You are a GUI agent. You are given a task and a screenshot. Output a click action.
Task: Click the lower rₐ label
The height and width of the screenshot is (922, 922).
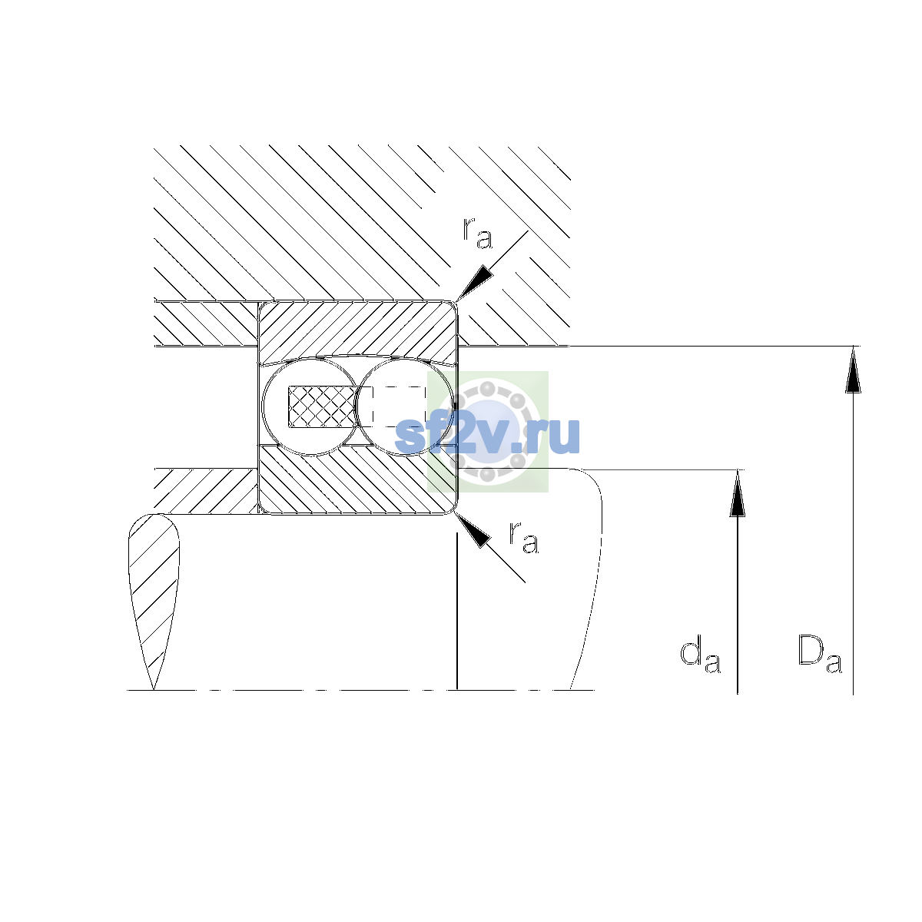point(524,537)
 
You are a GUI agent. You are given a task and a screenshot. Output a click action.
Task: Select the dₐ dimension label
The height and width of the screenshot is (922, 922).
point(700,654)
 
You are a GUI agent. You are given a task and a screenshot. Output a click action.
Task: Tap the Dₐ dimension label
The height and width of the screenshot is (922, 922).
point(819,654)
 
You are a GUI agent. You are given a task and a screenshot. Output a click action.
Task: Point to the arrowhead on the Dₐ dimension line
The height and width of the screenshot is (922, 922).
point(853,369)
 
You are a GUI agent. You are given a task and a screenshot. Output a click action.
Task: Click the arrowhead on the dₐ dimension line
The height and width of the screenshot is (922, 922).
point(738,493)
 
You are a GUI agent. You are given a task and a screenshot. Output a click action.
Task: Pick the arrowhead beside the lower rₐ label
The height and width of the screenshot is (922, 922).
point(473,530)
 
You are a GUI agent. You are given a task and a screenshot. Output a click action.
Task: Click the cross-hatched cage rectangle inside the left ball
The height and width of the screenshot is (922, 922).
point(322,406)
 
